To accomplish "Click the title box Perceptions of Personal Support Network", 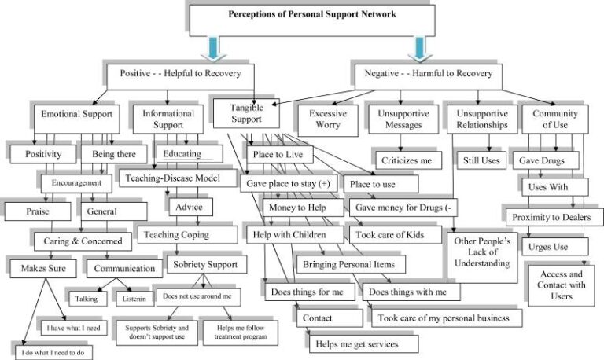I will [x=312, y=15].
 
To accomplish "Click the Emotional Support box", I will [x=76, y=114].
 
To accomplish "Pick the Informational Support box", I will [x=168, y=119].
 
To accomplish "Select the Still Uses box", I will [x=483, y=160].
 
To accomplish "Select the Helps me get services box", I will [x=363, y=343].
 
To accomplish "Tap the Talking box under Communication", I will [x=86, y=298].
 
